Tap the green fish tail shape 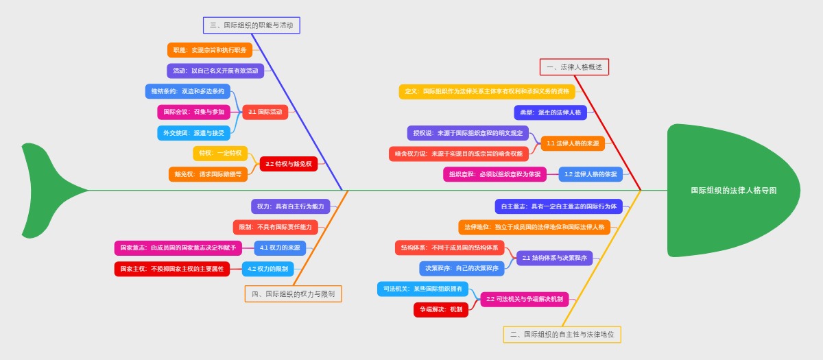[x=48, y=190]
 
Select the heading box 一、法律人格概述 [x=574, y=67]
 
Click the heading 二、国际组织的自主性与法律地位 [x=562, y=335]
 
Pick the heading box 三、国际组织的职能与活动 [x=252, y=25]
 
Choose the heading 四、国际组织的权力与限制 [x=293, y=294]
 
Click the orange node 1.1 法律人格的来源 [x=573, y=143]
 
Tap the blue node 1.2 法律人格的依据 [x=591, y=174]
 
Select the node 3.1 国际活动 [x=265, y=112]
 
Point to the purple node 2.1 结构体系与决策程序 [x=554, y=258]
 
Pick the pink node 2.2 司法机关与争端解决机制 [x=525, y=299]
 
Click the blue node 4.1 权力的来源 [x=280, y=248]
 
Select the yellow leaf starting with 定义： [x=487, y=91]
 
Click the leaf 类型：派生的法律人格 [x=550, y=112]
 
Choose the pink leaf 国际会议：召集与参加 [x=194, y=112]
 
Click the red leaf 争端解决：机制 [x=441, y=310]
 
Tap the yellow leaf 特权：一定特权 [x=220, y=153]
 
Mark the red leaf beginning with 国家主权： [x=172, y=269]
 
